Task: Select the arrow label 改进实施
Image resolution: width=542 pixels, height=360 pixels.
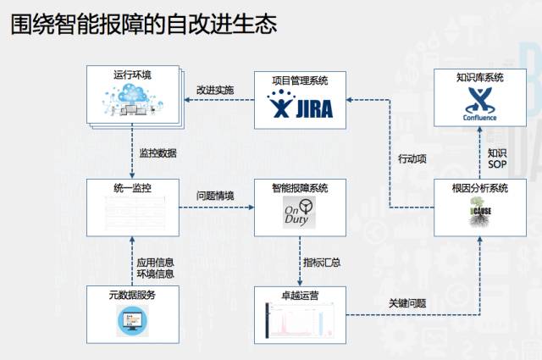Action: coord(215,90)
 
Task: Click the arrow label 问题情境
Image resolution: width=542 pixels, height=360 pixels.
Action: coord(215,197)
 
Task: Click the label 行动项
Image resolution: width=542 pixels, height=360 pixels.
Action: coord(412,158)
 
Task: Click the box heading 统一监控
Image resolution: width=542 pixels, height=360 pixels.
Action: coord(133,187)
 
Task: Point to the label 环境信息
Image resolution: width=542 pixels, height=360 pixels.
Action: coord(156,274)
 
